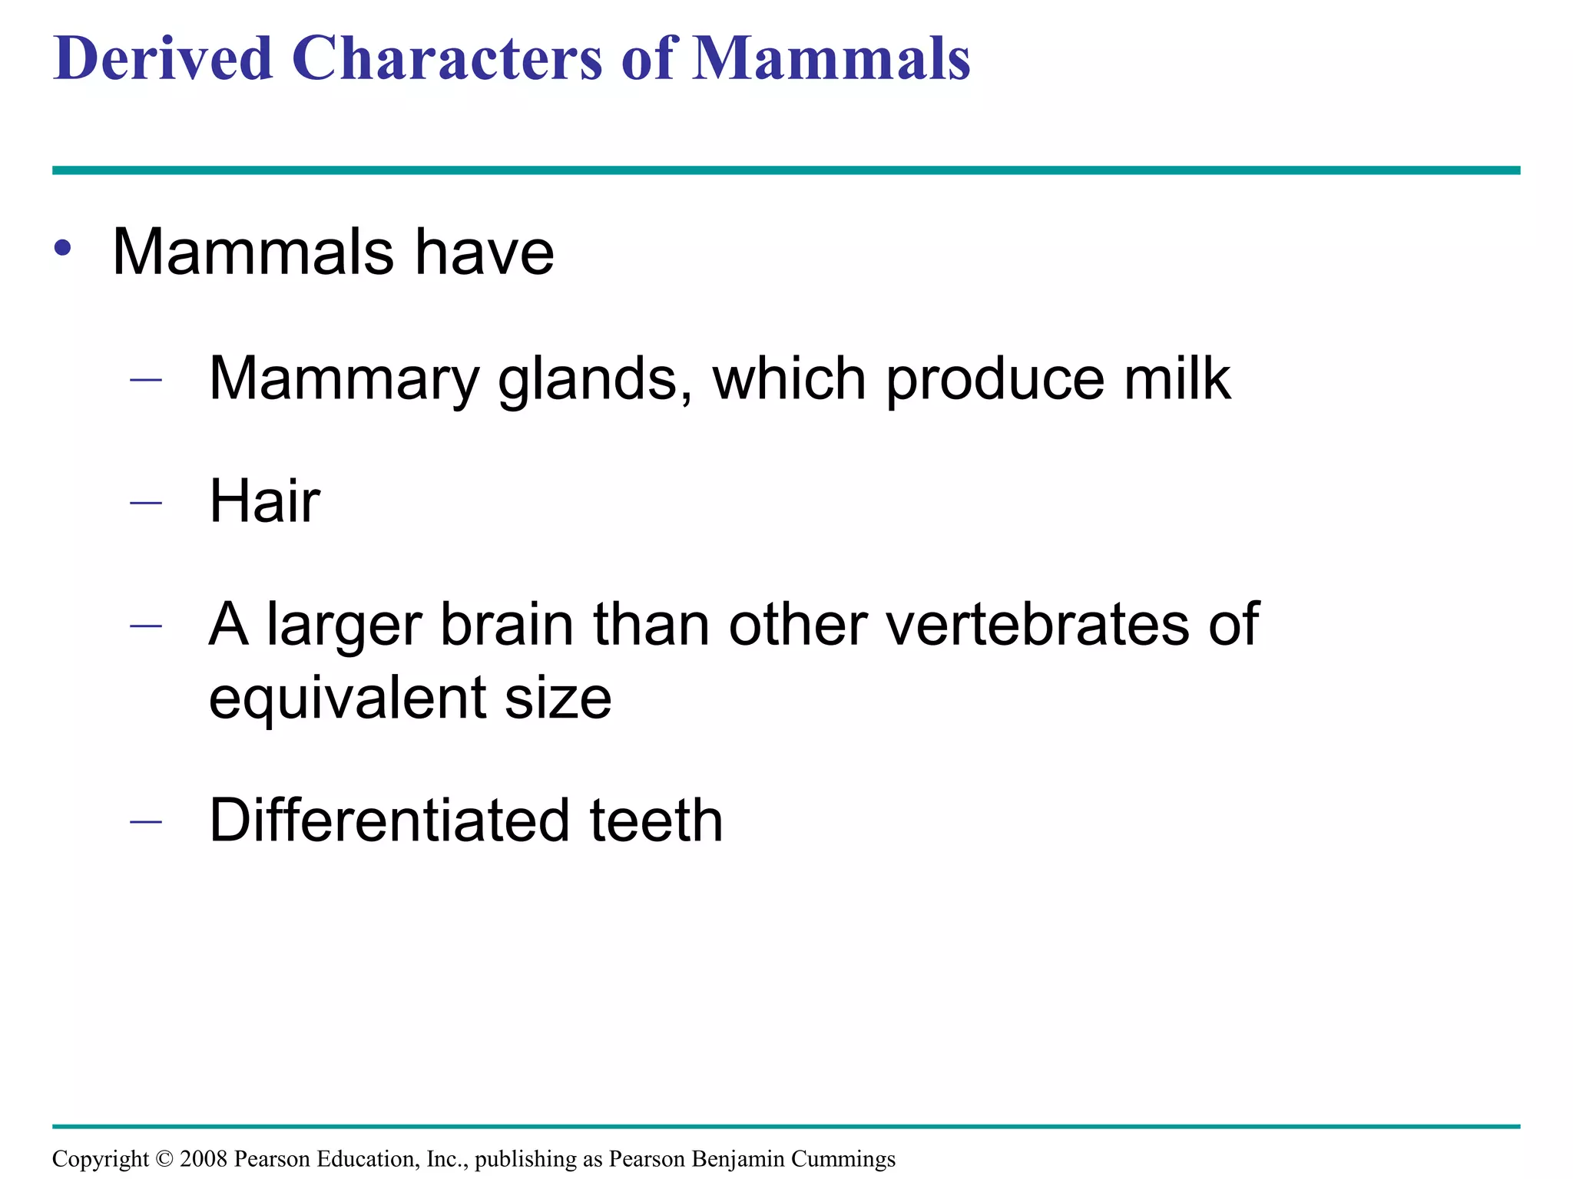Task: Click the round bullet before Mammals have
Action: tap(63, 249)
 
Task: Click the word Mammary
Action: tap(343, 379)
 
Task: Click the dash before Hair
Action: tap(146, 503)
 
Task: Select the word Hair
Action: tap(264, 501)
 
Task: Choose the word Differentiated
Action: tap(389, 821)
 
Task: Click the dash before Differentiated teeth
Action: tap(146, 822)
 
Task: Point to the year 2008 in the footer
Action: tap(204, 1158)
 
